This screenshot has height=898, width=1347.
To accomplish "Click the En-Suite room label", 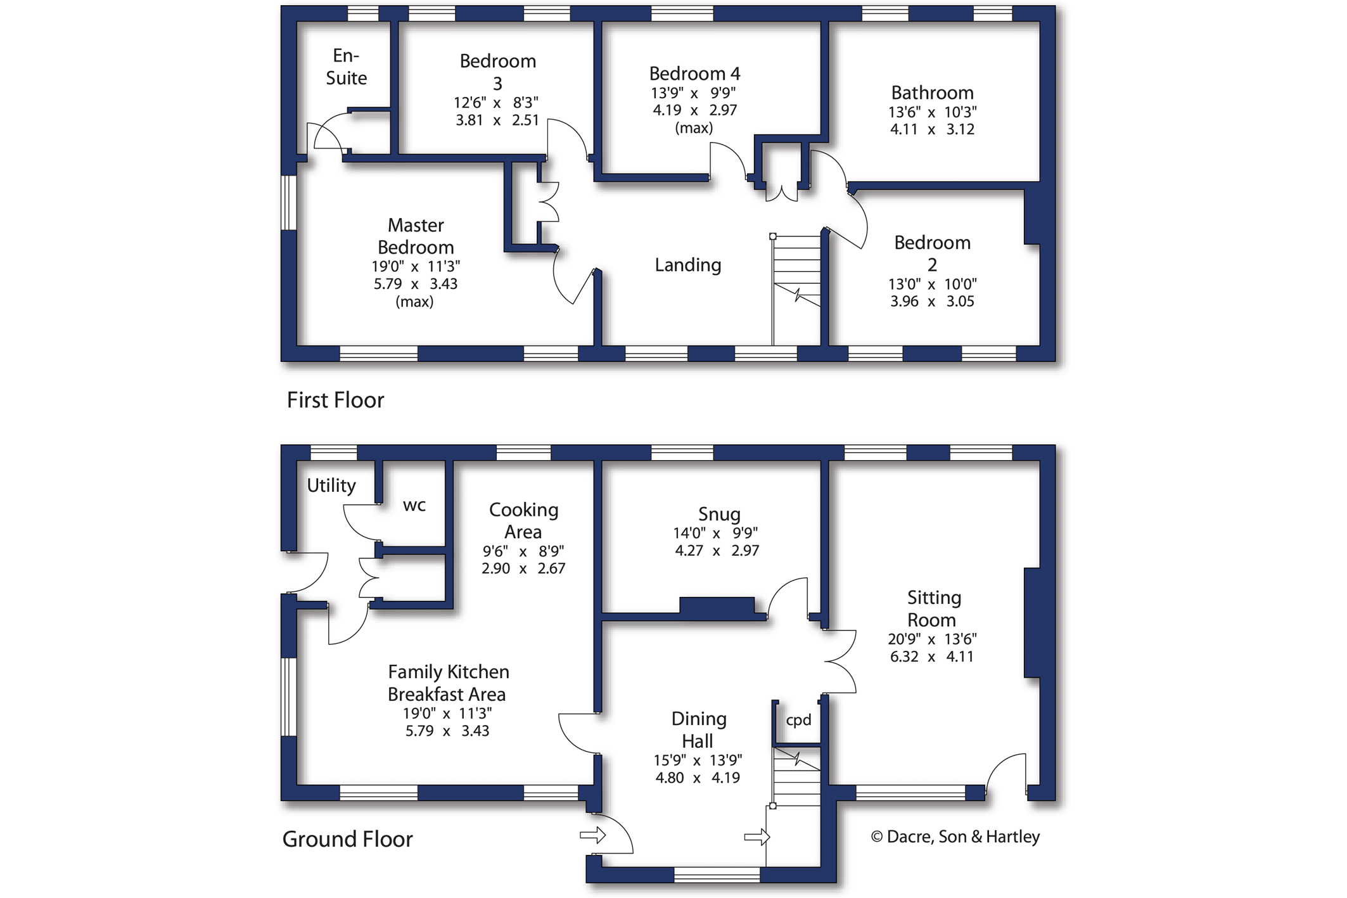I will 346,67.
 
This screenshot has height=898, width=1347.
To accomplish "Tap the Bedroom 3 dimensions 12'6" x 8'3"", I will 496,103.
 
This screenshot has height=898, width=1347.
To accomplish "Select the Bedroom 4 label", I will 694,74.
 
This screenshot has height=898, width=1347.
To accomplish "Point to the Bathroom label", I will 932,93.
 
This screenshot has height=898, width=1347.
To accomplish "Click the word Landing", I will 687,265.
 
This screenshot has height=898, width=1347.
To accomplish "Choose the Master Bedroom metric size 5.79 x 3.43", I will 415,284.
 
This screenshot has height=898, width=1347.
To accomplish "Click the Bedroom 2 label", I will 932,253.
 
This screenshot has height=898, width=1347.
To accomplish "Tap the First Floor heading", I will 335,400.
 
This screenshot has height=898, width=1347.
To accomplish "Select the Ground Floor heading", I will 347,839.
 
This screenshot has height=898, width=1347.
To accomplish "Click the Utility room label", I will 331,485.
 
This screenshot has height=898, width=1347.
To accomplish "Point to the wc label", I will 414,506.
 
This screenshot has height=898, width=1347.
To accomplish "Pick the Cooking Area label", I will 523,520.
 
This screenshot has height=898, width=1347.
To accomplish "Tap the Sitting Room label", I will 933,608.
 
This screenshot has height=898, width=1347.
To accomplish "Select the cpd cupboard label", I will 798,720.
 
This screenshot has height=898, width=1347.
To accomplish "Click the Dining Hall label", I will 698,729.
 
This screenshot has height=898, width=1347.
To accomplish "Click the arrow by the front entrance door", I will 593,835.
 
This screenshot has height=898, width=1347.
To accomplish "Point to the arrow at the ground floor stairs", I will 756,837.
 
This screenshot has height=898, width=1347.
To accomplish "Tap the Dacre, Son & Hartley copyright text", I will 955,837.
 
